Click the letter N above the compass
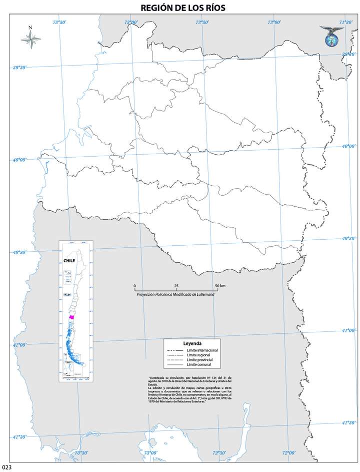(30, 28)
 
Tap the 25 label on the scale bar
(176, 286)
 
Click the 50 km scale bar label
(219, 286)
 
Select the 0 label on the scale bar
(135, 286)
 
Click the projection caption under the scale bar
(175, 294)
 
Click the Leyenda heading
(192, 344)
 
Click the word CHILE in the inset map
(69, 260)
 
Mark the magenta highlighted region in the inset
(72, 317)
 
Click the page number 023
(6, 467)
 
